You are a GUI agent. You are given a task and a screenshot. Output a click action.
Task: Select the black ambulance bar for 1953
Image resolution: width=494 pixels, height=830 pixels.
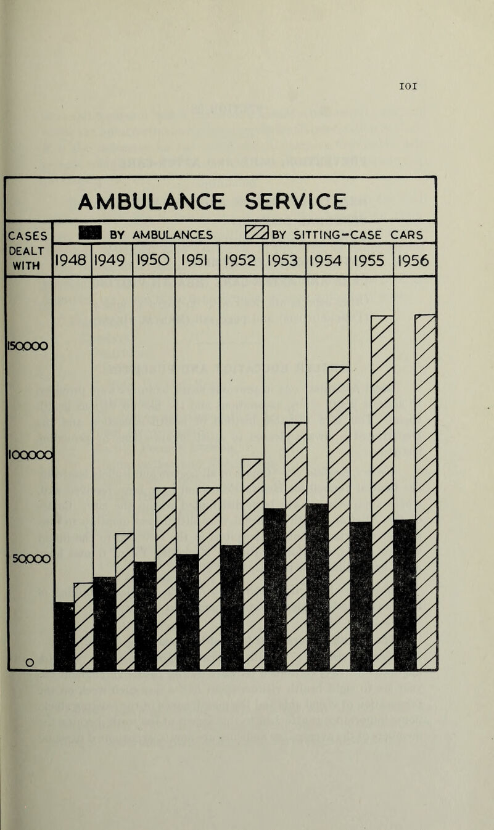coord(274,589)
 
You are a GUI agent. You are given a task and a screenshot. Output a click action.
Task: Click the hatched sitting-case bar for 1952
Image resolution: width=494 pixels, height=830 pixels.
coord(253,564)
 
